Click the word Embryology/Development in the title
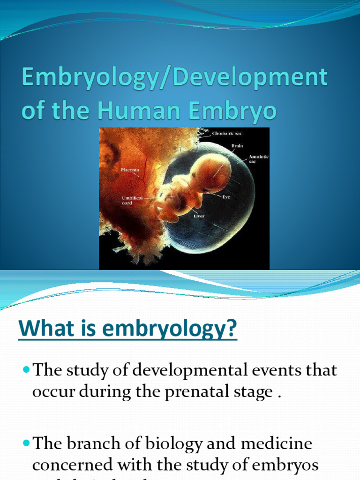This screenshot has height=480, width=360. pos(174,77)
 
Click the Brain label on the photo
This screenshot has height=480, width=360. pos(237,146)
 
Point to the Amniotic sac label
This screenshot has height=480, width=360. pos(258,158)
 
